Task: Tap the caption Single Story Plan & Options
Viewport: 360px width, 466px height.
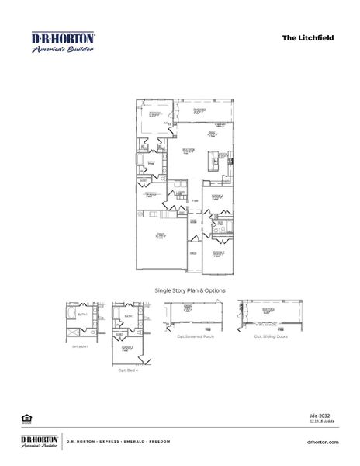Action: click(190, 290)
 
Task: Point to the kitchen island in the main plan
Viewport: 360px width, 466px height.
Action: click(210, 162)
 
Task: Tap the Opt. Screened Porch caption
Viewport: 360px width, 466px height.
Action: click(190, 336)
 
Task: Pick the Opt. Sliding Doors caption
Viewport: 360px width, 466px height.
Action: click(268, 336)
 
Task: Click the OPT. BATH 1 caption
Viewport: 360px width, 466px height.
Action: click(80, 347)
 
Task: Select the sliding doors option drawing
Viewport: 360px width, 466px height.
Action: click(268, 315)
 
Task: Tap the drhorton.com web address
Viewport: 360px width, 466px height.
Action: click(324, 441)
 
